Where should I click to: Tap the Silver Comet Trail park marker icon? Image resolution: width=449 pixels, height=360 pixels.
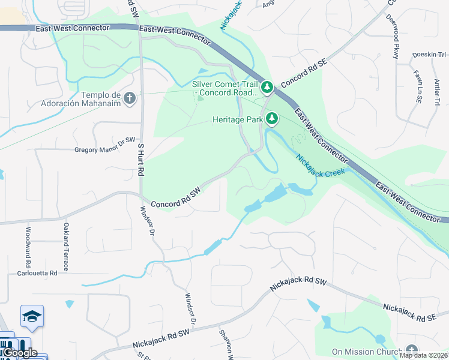[267, 88]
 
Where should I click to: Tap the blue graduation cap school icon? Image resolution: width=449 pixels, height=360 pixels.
[32, 316]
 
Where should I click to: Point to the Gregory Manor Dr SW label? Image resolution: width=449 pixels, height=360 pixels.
[105, 149]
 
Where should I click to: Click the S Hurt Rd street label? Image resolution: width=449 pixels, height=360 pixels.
[142, 159]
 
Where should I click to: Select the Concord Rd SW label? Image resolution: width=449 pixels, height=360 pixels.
[175, 199]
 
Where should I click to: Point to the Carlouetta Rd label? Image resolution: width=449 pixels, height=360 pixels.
[37, 272]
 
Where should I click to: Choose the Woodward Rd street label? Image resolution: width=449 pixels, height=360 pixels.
[28, 247]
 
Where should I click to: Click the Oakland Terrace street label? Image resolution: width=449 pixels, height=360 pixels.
[66, 247]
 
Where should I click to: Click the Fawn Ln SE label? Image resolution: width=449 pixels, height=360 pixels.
[417, 84]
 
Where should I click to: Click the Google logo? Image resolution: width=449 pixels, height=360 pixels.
[19, 353]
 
